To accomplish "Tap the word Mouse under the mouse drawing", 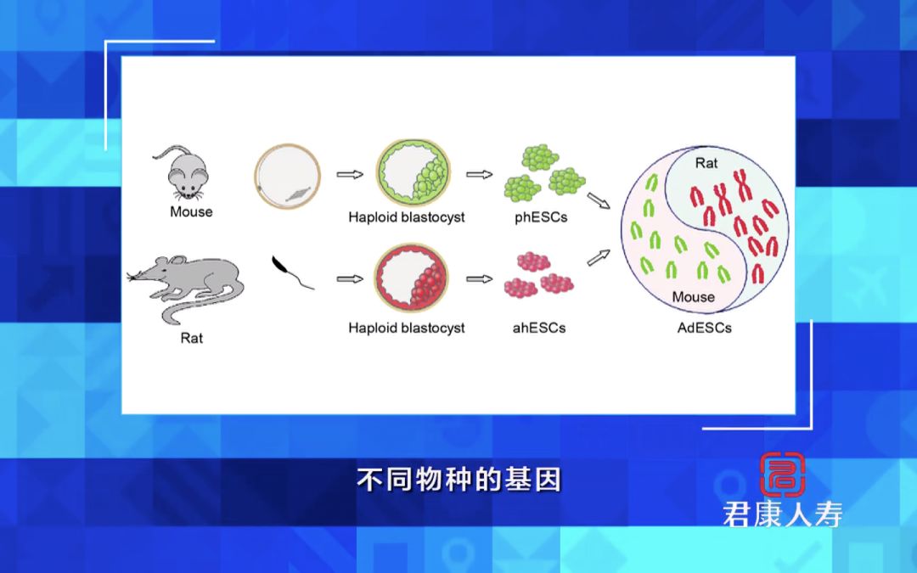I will pos(191,211).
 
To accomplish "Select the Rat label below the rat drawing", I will pos(192,338).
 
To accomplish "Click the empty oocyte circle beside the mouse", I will pos(288,177).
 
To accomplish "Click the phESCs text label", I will pos(541,216).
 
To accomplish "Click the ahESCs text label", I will pos(540,327).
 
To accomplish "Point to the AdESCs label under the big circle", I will pos(704,327).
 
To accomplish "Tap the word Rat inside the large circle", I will pos(706,163).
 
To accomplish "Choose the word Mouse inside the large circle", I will pos(693,297).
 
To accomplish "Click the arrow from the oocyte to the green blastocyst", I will pos(350,175).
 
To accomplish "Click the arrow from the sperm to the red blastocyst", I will pos(350,278).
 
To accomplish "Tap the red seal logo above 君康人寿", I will pos(783,475).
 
